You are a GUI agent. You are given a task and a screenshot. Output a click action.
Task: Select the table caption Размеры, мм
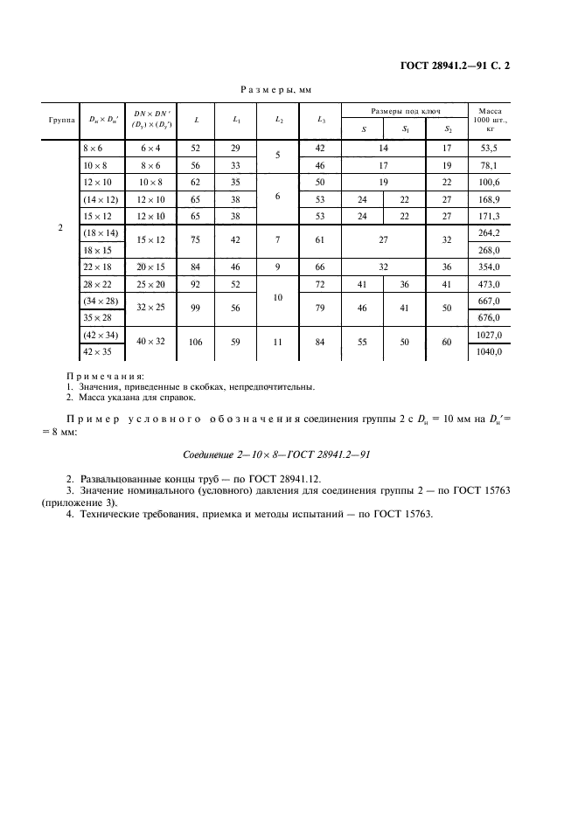pyautogui.click(x=276, y=89)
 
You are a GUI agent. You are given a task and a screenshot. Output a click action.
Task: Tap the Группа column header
pyautogui.click(x=59, y=120)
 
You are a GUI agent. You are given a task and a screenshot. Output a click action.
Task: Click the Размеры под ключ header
pyautogui.click(x=405, y=111)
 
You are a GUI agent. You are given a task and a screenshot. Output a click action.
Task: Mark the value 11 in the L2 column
pyautogui.click(x=278, y=342)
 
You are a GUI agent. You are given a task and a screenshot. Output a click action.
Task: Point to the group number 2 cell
pyautogui.click(x=59, y=228)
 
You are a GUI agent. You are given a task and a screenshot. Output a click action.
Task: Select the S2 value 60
pyautogui.click(x=447, y=342)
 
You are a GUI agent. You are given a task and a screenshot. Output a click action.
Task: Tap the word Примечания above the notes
pyautogui.click(x=106, y=375)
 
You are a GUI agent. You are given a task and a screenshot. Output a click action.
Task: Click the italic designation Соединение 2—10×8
pyautogui.click(x=276, y=455)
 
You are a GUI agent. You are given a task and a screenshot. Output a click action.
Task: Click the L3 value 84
pyautogui.click(x=320, y=342)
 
